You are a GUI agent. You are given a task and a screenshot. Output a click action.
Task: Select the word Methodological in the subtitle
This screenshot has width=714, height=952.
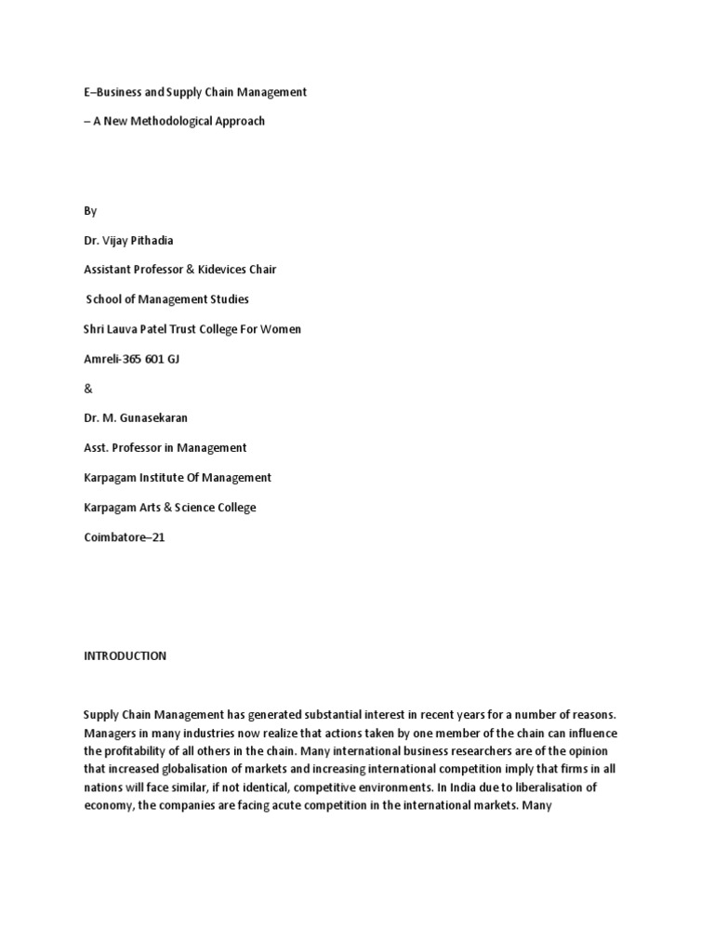tap(175, 121)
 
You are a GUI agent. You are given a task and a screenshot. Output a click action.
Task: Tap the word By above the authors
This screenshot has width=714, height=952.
tap(90, 211)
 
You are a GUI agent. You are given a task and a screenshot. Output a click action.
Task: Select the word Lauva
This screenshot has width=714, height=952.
tap(130, 329)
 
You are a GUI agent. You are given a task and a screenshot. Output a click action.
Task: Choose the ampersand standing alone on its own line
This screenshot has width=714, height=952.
tap(88, 389)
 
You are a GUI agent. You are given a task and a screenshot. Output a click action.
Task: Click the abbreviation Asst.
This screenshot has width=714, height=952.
tap(96, 448)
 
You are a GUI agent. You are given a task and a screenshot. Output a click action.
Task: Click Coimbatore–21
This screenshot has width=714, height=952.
tap(125, 537)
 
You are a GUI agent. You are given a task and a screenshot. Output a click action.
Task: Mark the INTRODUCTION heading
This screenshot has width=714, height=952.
tap(125, 655)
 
